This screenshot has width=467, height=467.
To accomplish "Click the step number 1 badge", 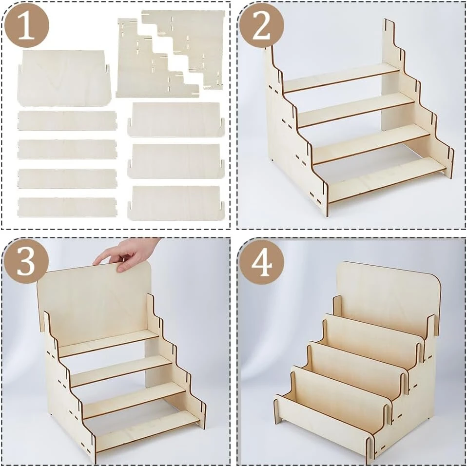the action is click(x=27, y=26).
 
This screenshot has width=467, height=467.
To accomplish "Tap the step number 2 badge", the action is click(x=261, y=26).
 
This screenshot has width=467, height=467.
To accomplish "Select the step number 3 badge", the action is click(x=27, y=261).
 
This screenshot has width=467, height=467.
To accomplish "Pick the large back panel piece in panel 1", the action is click(x=64, y=78).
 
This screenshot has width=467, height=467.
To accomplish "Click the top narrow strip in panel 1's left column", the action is click(x=67, y=120).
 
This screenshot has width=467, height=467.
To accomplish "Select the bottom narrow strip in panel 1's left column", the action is click(x=67, y=207).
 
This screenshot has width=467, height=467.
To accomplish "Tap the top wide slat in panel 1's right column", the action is click(x=176, y=120).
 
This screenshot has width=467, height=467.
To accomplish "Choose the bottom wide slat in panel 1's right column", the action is click(x=176, y=203).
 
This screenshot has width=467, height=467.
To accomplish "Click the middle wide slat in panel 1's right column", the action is click(x=176, y=161).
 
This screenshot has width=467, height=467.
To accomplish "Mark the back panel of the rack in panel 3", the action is click(x=94, y=303).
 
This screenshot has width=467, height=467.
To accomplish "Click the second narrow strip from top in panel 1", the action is click(x=67, y=149).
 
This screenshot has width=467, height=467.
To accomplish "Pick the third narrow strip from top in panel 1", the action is click(x=67, y=178).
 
